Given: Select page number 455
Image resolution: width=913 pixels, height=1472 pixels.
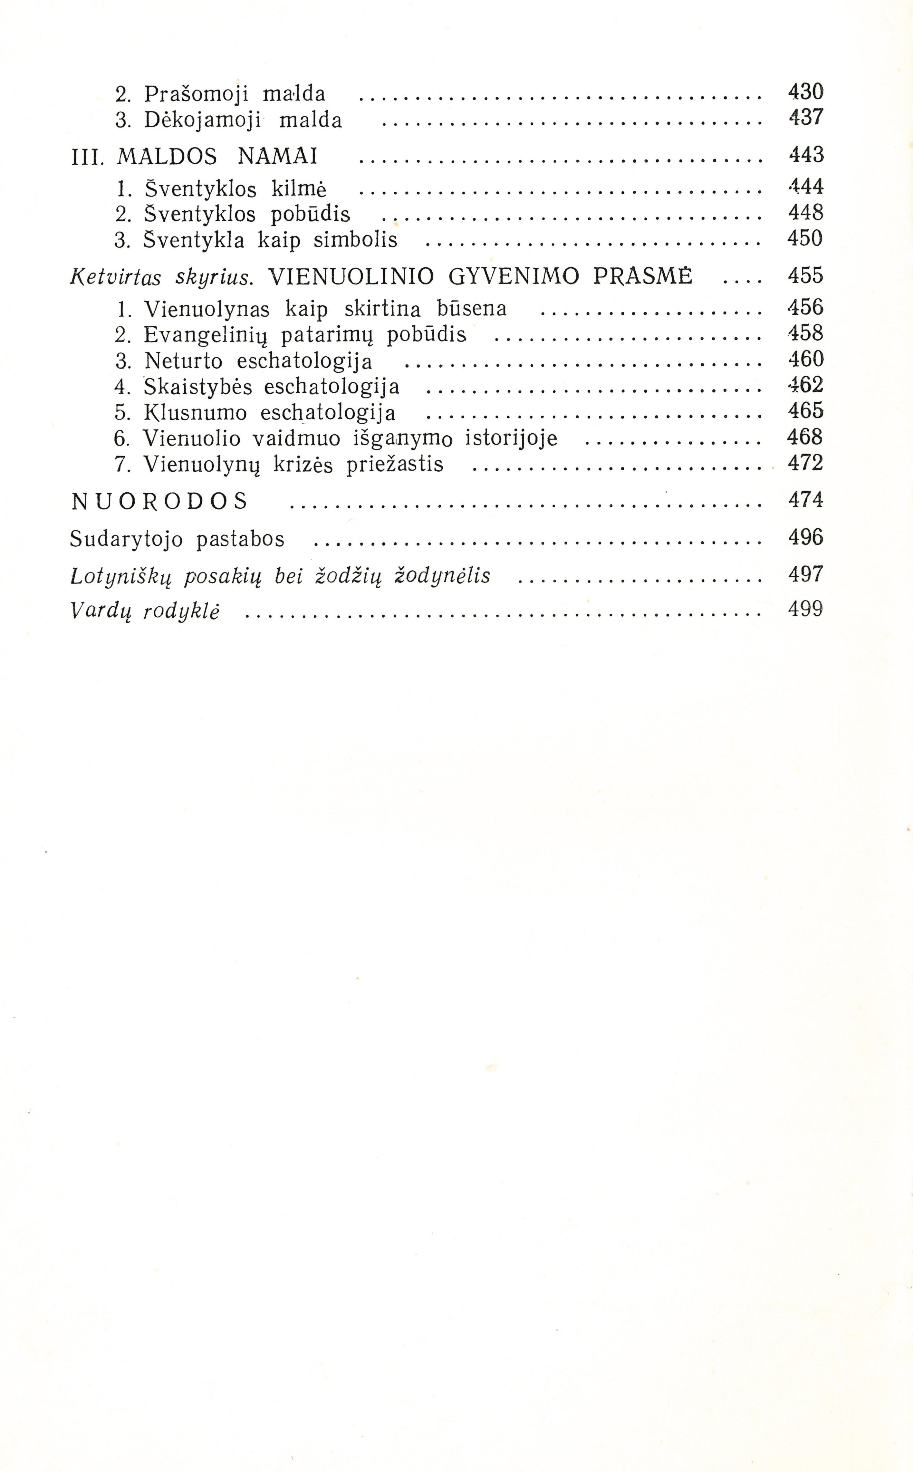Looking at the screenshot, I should pos(805,276).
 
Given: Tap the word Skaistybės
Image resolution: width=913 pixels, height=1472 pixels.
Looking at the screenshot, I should pos(197,387).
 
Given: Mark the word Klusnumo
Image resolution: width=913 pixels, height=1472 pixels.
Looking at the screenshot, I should pos(195,413).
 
